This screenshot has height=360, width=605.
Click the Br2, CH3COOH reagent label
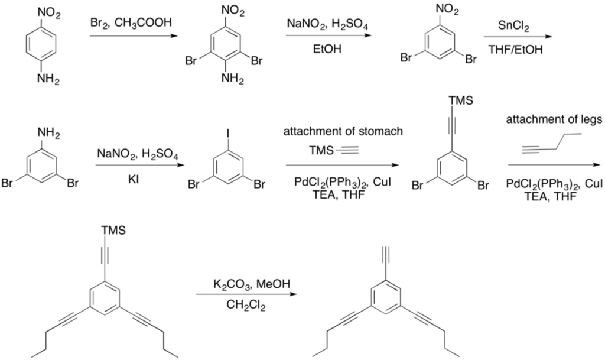click(131, 23)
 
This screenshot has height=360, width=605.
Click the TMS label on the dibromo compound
click(460, 100)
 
